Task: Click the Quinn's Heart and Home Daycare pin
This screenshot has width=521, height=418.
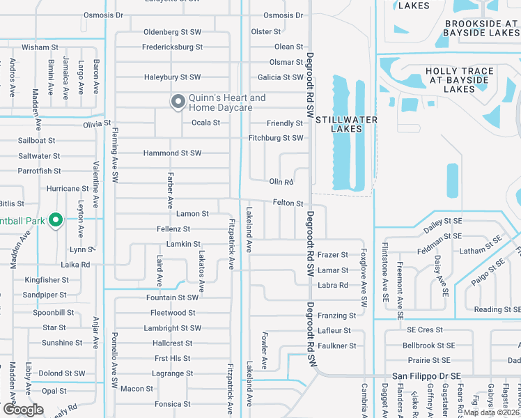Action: point(178,102)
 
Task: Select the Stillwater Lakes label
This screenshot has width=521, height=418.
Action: point(347,124)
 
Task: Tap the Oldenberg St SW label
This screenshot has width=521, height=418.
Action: point(172,32)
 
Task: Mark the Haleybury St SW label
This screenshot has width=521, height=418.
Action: point(172,77)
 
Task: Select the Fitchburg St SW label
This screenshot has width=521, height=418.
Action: point(276,138)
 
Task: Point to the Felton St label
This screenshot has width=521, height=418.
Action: point(288,203)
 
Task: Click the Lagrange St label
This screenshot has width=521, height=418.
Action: point(172,373)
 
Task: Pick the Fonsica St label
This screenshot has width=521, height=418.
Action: point(172,404)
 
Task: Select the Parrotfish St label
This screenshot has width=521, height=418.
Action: point(39,171)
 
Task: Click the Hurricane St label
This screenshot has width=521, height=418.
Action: point(68,189)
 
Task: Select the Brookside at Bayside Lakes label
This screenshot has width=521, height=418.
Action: point(482,28)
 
